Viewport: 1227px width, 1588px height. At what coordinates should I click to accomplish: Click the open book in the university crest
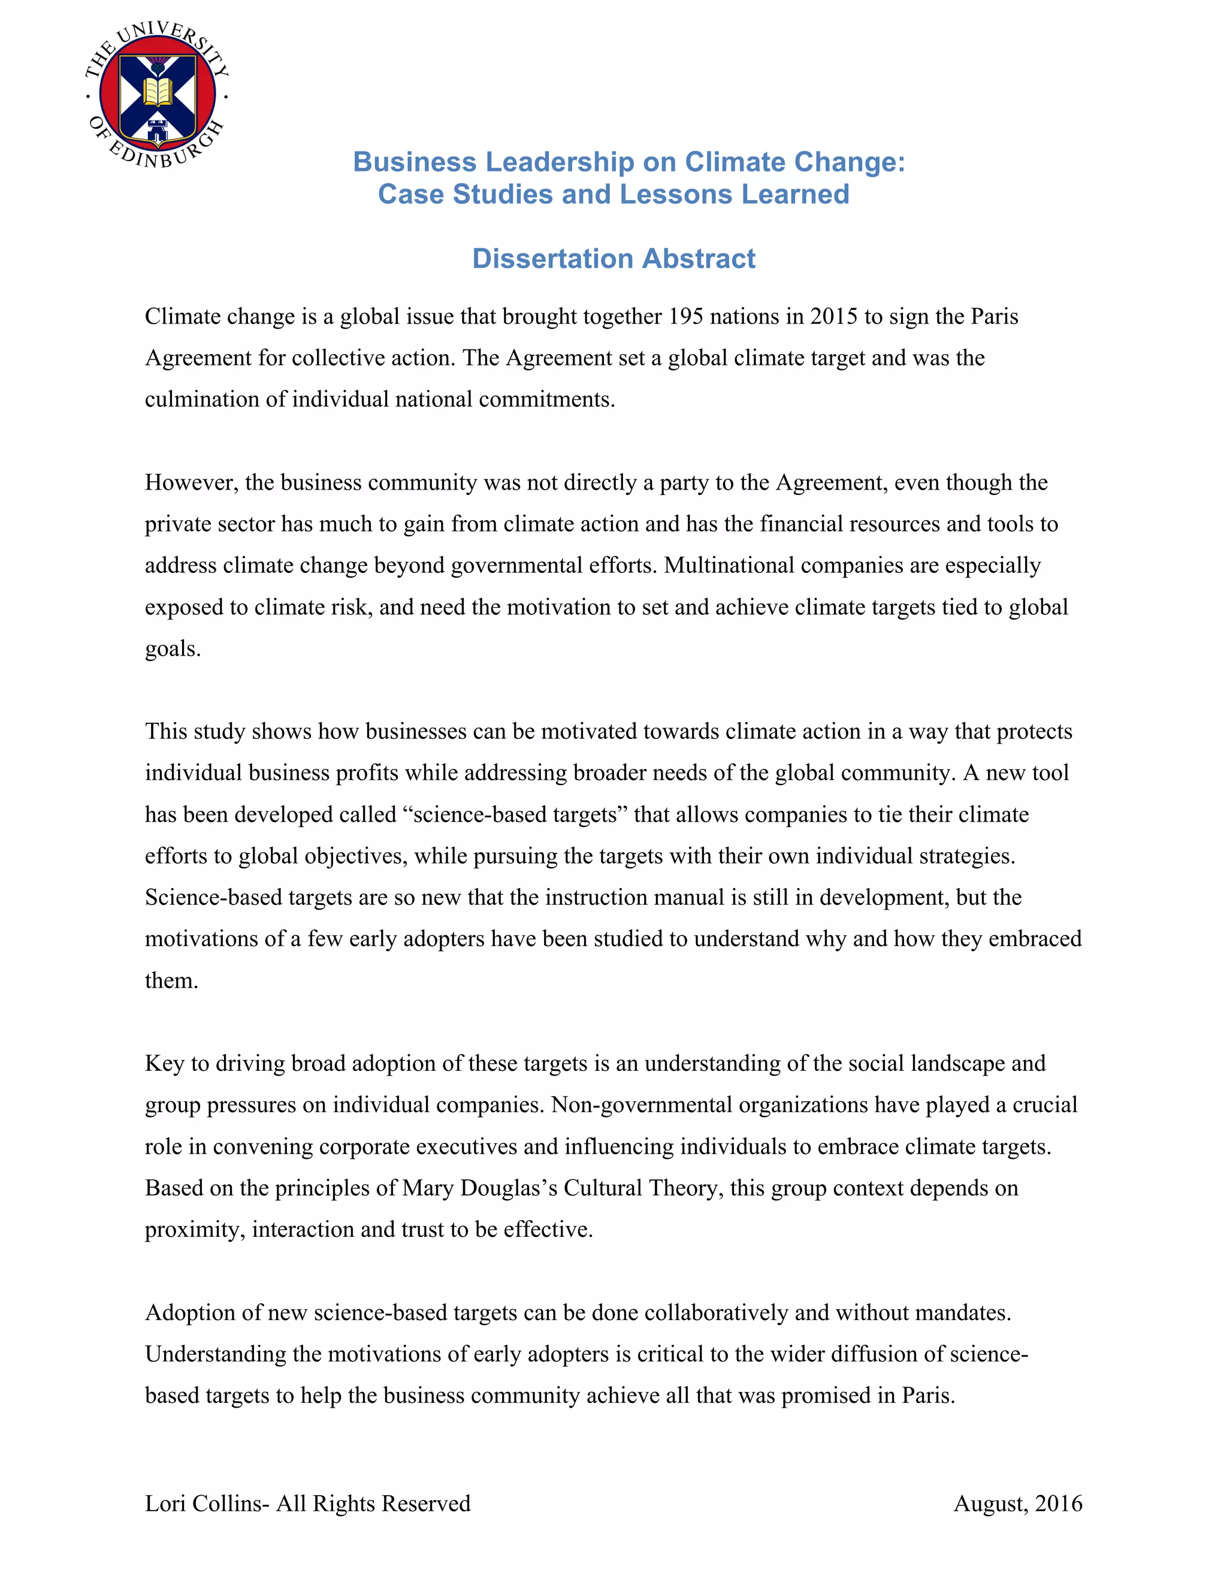[157, 92]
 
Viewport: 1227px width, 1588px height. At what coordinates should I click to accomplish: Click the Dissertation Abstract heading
[613, 259]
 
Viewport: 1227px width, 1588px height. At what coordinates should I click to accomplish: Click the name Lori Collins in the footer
[205, 1503]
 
